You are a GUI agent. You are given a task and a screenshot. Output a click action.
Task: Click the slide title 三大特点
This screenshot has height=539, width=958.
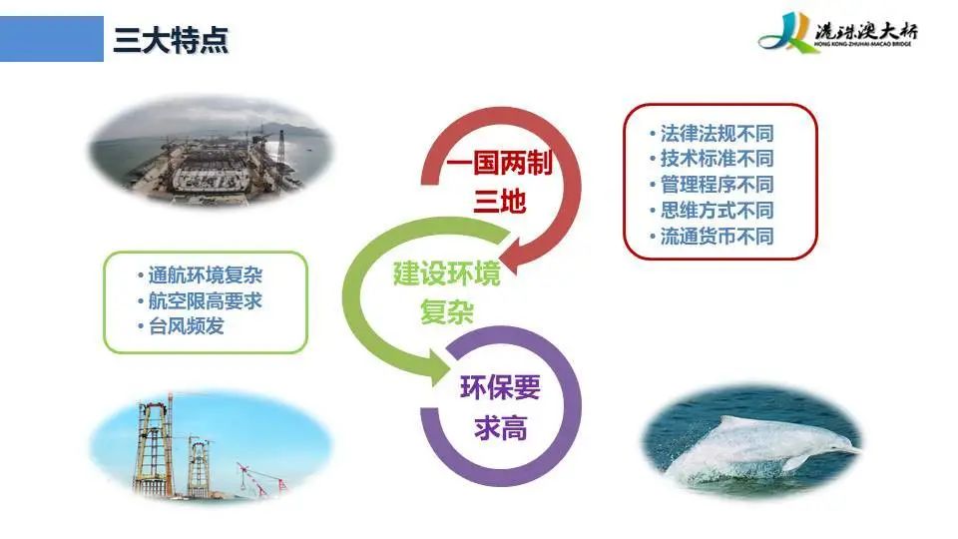click(171, 40)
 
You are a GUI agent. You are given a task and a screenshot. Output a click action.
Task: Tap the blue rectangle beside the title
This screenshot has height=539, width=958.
click(52, 39)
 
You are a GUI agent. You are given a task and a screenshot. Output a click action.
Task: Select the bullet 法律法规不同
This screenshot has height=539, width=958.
click(712, 133)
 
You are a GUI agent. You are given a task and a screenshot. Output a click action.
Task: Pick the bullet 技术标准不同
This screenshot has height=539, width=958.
click(712, 159)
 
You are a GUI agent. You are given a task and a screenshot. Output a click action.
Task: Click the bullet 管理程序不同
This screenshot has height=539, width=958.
click(712, 185)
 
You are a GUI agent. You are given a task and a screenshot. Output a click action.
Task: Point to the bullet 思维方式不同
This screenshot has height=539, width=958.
click(712, 211)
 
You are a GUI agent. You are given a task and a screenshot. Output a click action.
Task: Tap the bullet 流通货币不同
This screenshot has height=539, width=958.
click(712, 236)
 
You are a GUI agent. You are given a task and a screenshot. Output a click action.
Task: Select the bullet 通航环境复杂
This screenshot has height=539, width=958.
click(201, 275)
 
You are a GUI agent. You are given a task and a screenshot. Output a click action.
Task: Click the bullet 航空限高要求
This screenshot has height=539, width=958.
click(201, 300)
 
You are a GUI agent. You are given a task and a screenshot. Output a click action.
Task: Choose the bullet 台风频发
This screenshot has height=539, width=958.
click(181, 326)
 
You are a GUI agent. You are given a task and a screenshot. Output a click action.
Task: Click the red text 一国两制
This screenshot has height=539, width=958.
click(499, 163)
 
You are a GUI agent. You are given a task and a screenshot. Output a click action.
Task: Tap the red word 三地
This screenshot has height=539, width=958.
click(500, 201)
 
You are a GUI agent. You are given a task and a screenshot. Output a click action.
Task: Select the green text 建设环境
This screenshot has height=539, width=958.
click(447, 273)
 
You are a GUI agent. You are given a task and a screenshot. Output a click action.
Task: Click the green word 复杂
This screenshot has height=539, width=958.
click(447, 312)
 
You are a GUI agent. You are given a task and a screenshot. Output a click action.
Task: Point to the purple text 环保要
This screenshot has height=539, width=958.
click(500, 387)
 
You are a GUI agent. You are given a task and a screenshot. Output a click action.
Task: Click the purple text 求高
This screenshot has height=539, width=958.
click(500, 427)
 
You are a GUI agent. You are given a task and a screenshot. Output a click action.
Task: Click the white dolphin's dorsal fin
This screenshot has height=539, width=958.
click(732, 421)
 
